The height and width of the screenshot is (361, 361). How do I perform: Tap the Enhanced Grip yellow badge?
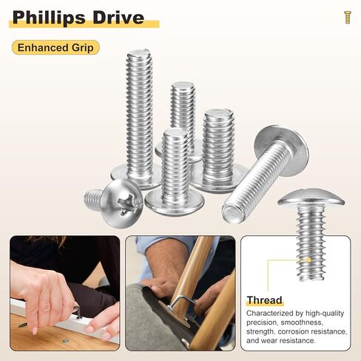click(x=55, y=48)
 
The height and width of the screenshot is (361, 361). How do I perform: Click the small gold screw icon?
click(x=347, y=17)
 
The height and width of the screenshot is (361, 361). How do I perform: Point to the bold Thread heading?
click(x=265, y=300)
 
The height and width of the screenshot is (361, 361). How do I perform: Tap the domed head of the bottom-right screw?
click(x=311, y=198)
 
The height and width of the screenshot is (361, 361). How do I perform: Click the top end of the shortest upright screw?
click(x=175, y=133)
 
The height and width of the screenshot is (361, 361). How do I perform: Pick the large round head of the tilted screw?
click(x=281, y=149)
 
